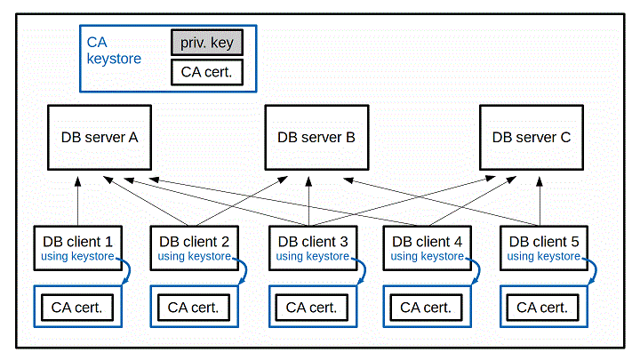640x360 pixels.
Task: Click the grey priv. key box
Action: (206, 42)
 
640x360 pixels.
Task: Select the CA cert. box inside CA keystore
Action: (206, 72)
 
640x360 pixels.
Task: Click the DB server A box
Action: (99, 138)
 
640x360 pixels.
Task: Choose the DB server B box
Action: (316, 138)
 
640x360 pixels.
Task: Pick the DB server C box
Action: (532, 138)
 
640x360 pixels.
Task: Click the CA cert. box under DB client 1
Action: (76, 308)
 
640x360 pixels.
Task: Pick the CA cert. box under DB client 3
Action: (311, 308)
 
